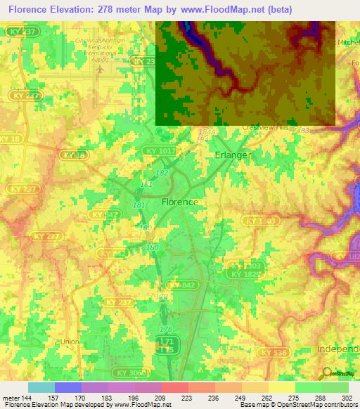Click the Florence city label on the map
pyautogui.click(x=179, y=201)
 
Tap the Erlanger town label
pyautogui.click(x=233, y=155)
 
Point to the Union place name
pyautogui.click(x=70, y=342)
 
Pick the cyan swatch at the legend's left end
pyautogui.click(x=41, y=387)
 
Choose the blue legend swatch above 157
pyautogui.click(x=68, y=387)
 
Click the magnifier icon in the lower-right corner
pyautogui.click(x=326, y=373)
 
